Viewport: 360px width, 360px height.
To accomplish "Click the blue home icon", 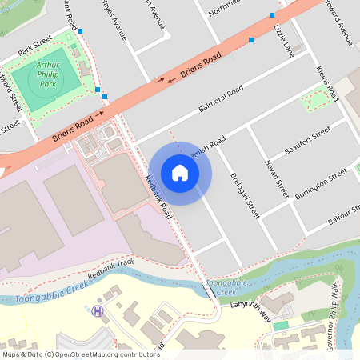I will [x=180, y=173].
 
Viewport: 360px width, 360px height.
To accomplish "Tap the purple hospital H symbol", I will [x=98, y=310].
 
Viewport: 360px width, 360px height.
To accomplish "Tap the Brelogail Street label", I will [x=246, y=195].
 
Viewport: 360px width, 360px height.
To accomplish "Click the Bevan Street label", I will [x=276, y=178].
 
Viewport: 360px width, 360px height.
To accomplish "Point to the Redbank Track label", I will [x=111, y=267].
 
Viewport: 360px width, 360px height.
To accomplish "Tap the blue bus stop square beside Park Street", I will [x=80, y=31].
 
